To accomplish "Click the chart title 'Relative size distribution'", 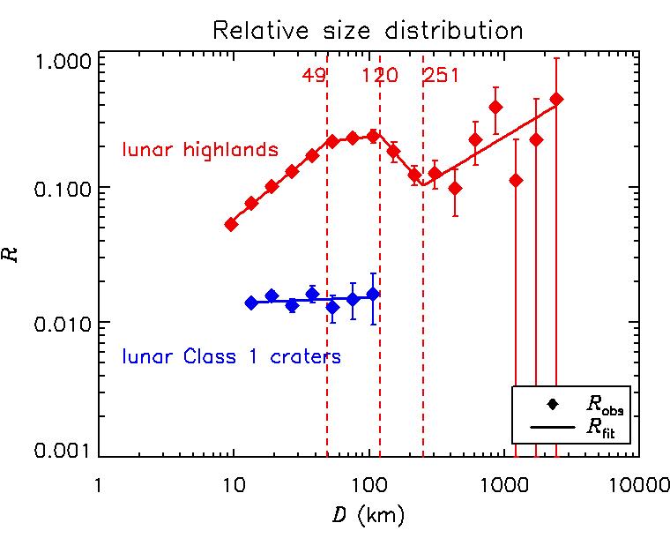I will [368, 30].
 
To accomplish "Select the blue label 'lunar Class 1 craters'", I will [231, 357].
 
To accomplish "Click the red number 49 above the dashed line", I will [314, 75].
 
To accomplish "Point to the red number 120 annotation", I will [380, 75].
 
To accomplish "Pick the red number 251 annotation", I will [441, 75].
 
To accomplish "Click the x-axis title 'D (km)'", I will [368, 512].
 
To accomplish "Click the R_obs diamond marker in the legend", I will [554, 404].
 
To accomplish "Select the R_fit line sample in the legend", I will [554, 427].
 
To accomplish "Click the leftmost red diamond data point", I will [232, 224].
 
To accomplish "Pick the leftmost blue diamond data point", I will [251, 303].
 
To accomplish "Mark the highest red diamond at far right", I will [556, 99].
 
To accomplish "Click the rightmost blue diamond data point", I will [373, 294].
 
